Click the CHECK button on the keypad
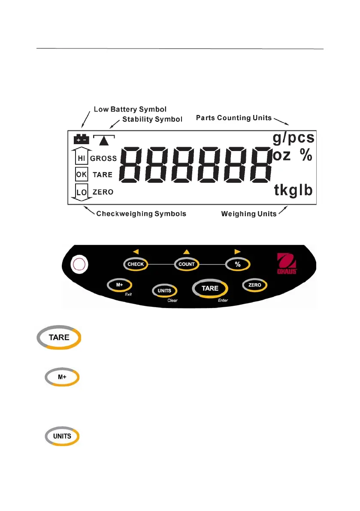[136, 264]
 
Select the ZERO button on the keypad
[255, 284]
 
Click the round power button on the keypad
[78, 265]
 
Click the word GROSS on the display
[103, 158]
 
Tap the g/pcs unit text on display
[293, 139]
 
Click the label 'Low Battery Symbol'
[130, 109]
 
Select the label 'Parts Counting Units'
[234, 118]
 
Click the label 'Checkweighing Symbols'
[141, 213]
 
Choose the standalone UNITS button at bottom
[62, 436]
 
